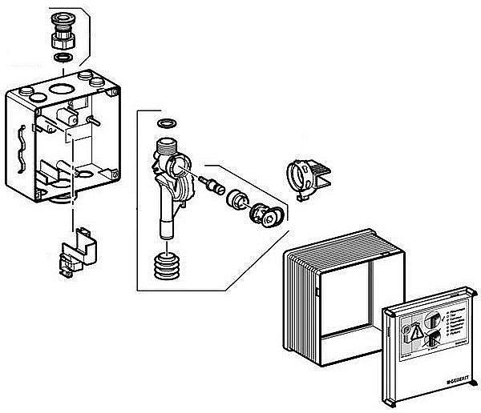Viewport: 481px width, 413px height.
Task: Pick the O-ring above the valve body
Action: [167, 124]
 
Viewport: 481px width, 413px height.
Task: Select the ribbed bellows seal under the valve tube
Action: [167, 266]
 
